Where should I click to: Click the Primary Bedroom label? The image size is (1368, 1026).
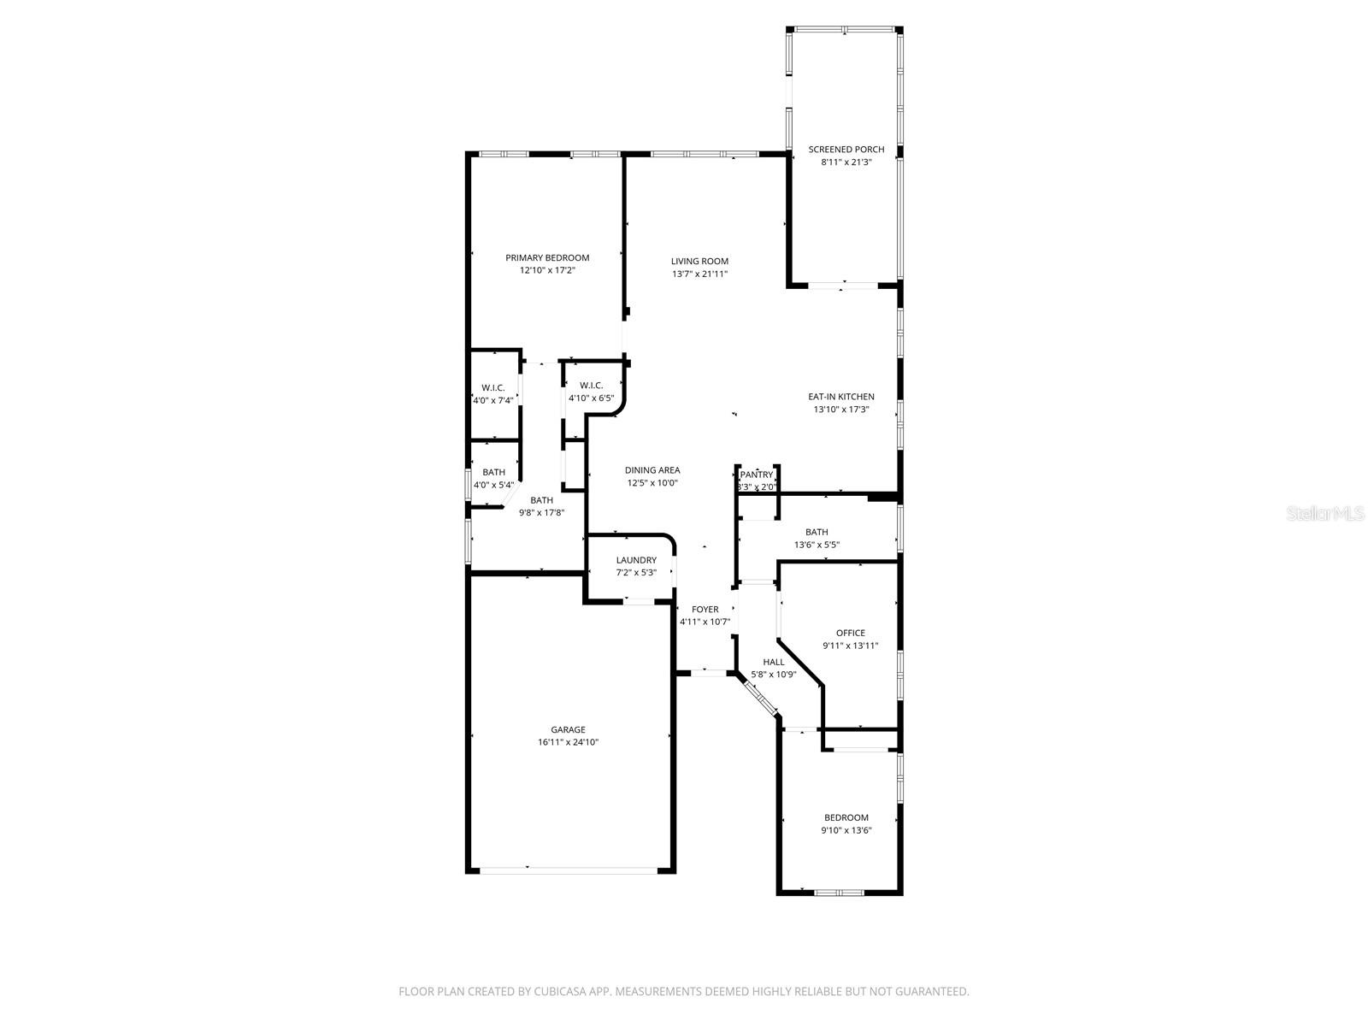pyautogui.click(x=547, y=257)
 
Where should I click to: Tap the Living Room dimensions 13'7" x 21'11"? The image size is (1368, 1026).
pyautogui.click(x=699, y=274)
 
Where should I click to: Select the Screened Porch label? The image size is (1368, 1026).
pyautogui.click(x=846, y=150)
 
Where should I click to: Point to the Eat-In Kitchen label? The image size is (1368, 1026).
pyautogui.click(x=841, y=397)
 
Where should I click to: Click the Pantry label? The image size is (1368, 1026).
pyautogui.click(x=757, y=475)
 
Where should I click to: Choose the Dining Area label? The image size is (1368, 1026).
pyautogui.click(x=652, y=470)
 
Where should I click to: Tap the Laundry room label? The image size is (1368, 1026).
pyautogui.click(x=636, y=561)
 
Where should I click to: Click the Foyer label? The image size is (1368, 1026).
pyautogui.click(x=705, y=610)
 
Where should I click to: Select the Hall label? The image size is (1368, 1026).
pyautogui.click(x=774, y=662)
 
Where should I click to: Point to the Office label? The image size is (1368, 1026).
pyautogui.click(x=851, y=634)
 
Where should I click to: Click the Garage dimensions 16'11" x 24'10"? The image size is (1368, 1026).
pyautogui.click(x=569, y=742)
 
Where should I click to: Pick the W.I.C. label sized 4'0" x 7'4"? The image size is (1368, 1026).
pyautogui.click(x=493, y=388)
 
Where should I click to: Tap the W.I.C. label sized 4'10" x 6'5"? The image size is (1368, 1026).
pyautogui.click(x=591, y=386)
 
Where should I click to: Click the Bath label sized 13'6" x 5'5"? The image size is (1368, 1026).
pyautogui.click(x=817, y=532)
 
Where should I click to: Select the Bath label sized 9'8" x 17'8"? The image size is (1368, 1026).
pyautogui.click(x=541, y=501)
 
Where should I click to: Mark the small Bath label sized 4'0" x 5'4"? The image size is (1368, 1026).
pyautogui.click(x=493, y=472)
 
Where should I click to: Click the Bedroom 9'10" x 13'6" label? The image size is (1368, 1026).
pyautogui.click(x=846, y=817)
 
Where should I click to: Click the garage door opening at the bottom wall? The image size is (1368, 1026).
pyautogui.click(x=569, y=870)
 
